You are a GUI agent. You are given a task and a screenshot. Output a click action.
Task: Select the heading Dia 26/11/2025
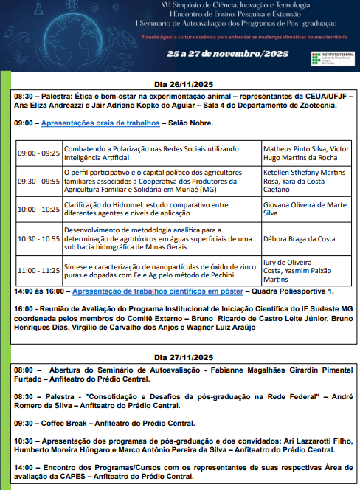tap(180, 83)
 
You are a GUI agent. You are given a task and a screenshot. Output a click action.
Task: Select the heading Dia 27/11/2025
tap(180, 357)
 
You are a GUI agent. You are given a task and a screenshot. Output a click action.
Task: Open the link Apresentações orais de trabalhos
tap(100, 122)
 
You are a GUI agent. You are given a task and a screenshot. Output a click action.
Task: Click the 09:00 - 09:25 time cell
tap(38, 153)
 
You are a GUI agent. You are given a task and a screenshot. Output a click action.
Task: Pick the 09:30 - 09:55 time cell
tap(38, 181)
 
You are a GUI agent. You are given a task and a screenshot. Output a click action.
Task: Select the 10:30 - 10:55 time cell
tap(38, 238)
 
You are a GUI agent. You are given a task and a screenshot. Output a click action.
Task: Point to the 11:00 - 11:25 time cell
tap(38, 270)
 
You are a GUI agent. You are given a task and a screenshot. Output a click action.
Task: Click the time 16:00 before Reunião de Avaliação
tap(23, 308)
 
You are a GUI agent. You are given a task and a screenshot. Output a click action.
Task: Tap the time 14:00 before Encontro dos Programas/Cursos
tap(23, 467)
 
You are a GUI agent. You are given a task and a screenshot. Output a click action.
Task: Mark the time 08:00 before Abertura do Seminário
tap(23, 370)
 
